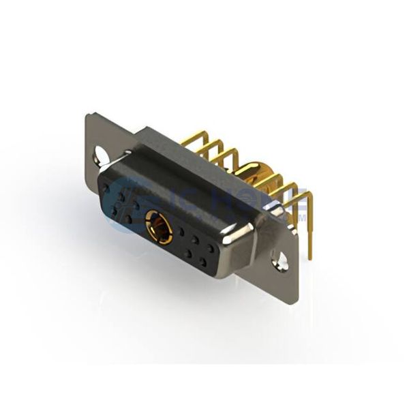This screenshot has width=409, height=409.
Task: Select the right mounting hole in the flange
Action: (x=280, y=258)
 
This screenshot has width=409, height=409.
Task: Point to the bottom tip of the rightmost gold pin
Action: (x=310, y=258)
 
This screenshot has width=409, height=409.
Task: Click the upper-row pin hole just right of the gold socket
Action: (x=181, y=232)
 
